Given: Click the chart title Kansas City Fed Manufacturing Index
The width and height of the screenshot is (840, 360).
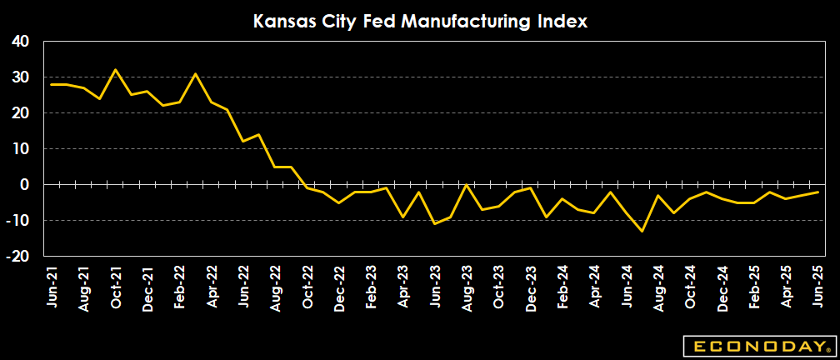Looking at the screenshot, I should point(420,21).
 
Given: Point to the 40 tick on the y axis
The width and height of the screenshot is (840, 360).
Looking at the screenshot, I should point(19,41).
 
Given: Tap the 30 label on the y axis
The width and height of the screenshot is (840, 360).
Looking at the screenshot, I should point(19,77).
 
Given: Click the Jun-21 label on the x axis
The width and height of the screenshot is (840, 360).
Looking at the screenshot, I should point(52,287).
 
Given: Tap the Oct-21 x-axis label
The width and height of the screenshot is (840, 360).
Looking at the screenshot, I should point(116,287).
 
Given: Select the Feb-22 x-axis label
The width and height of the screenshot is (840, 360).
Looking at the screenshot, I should point(179,287).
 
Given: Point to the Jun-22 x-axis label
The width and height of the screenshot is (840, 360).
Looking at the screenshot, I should point(243,287).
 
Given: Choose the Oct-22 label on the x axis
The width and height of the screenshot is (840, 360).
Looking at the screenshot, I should point(307,287).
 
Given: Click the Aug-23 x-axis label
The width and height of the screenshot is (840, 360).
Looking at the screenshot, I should point(466,287).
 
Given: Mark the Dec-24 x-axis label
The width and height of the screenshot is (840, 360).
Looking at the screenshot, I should point(721,287).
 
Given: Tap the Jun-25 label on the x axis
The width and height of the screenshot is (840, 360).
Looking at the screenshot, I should point(817,287).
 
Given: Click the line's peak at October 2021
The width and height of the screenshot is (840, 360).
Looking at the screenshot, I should point(116,70).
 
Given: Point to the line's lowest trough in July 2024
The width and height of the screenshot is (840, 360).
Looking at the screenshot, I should point(642,231).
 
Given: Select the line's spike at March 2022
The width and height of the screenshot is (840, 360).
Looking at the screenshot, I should point(195,73).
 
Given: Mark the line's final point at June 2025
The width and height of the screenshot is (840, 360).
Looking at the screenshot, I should point(817,192).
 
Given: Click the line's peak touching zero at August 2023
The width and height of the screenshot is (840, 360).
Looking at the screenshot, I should point(467,184).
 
